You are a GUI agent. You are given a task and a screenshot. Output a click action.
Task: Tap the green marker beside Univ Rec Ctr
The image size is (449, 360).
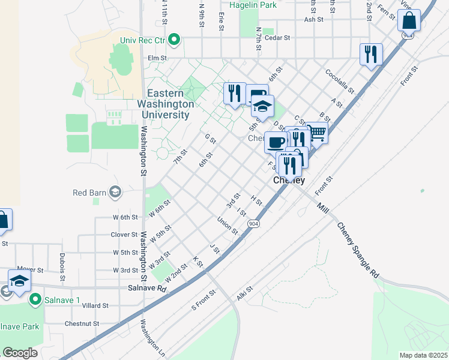(175, 41)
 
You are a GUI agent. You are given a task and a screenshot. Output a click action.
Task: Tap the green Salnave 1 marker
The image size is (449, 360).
(35, 298)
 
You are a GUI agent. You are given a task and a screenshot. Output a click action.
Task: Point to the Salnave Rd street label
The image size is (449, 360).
(146, 288)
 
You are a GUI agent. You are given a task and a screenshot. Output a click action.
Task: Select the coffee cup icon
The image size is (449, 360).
(276, 143)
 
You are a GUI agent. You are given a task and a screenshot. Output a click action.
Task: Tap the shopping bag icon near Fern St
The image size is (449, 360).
(409, 20)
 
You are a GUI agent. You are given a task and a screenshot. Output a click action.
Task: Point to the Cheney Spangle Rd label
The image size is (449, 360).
(358, 250)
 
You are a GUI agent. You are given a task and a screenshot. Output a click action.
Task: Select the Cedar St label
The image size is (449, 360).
(279, 37)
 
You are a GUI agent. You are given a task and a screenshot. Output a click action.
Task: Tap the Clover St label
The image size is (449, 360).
(124, 235)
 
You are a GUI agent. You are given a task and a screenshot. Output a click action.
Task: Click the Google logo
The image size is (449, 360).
(20, 353)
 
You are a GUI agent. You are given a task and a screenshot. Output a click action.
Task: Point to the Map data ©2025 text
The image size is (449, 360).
(423, 355)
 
